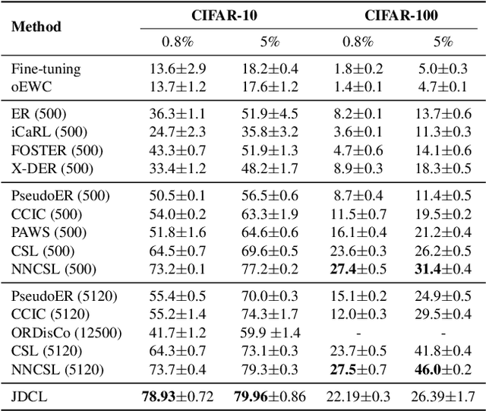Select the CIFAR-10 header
pos(213,14)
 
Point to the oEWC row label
pos(27,87)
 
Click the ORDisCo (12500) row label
pos(58,332)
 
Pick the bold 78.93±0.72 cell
pos(178,396)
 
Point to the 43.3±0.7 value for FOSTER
pos(178,150)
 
